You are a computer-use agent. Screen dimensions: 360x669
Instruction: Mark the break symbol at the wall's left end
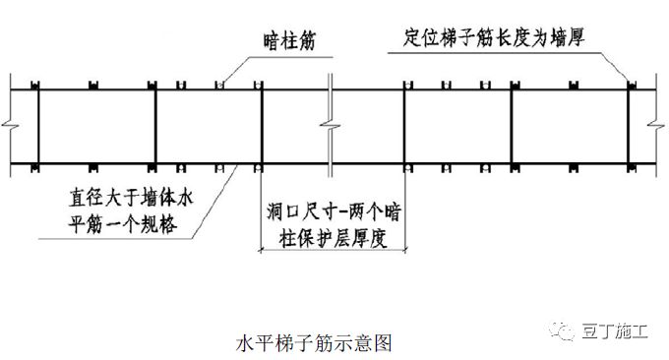pos(9,126)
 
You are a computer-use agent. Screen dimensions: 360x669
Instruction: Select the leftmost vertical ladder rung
pos(36,125)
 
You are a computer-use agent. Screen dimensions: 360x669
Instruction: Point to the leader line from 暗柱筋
pos(234,68)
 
